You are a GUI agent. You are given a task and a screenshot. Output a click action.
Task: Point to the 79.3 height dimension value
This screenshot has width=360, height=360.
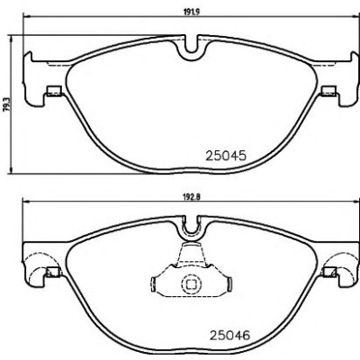point(5,104)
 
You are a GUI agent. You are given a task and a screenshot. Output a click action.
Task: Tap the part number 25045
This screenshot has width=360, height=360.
point(226,156)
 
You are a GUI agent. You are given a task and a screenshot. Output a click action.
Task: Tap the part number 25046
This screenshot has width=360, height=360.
point(229,336)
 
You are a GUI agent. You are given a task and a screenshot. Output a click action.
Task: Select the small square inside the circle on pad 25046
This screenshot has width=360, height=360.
point(191,283)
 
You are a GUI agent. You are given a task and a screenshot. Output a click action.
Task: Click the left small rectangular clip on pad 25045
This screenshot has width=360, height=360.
point(55,91)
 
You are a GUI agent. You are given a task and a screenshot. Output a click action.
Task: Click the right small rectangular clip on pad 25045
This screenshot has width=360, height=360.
point(328,91)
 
